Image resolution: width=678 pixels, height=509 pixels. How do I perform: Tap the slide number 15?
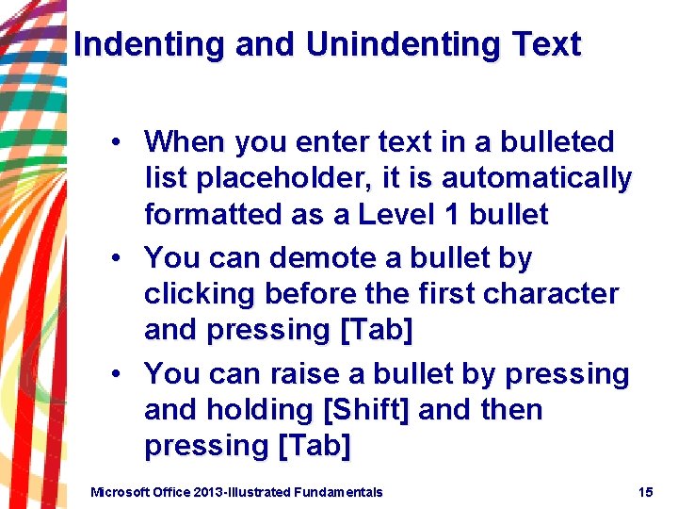click(645, 491)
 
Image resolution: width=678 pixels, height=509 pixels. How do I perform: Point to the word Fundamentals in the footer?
click(338, 491)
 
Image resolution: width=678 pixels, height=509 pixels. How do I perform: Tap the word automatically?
click(537, 178)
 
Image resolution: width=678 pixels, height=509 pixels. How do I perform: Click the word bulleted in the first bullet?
click(557, 142)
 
